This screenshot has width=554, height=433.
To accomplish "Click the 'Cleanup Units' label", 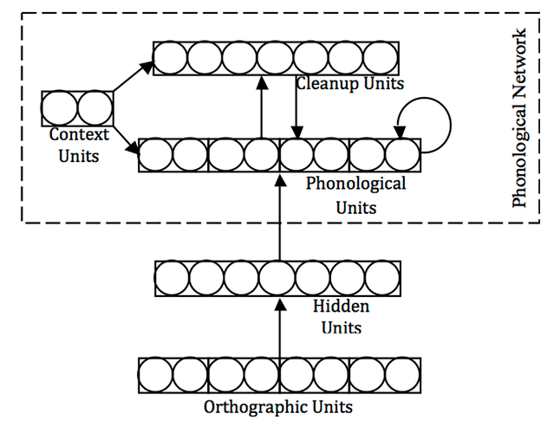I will coord(350,84).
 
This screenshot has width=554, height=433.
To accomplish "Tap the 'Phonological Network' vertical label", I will coord(519,119).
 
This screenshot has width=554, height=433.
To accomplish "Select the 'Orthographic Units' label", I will coord(278,406).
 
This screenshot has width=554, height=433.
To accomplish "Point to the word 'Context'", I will coord(79,135).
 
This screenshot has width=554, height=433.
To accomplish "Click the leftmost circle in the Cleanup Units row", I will coord(170,57).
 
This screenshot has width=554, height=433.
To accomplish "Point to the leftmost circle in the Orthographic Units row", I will coord(156,375).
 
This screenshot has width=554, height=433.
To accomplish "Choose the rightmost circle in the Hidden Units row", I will coord(382,277).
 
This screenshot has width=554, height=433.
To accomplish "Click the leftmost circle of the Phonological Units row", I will coord(156,156).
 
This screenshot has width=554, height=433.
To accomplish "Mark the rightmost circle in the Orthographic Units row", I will coord(402,375).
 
